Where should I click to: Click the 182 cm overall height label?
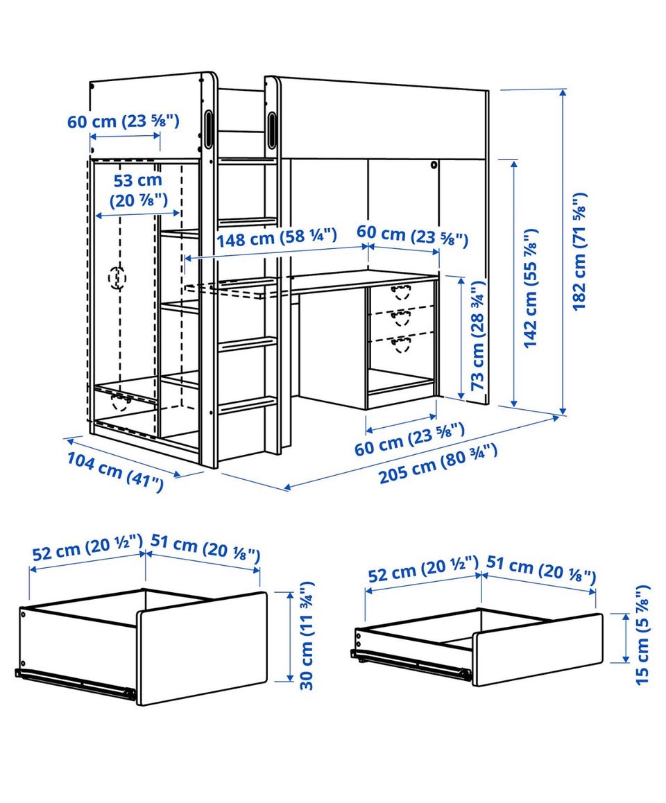(579, 252)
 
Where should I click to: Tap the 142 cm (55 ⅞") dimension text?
(531, 288)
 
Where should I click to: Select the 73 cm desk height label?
(477, 335)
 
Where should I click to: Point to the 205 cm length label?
(438, 464)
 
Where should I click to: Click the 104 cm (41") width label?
(115, 472)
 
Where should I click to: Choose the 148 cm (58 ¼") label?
(277, 238)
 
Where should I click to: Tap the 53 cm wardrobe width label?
(138, 190)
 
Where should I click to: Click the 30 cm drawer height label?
(307, 636)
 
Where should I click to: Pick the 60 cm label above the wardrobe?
(123, 122)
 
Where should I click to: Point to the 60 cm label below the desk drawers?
(410, 439)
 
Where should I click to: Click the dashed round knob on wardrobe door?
(117, 278)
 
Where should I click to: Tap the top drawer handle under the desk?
(401, 292)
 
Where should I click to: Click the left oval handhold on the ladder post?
(209, 129)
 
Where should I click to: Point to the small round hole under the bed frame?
(434, 166)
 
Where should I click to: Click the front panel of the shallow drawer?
(538, 650)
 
